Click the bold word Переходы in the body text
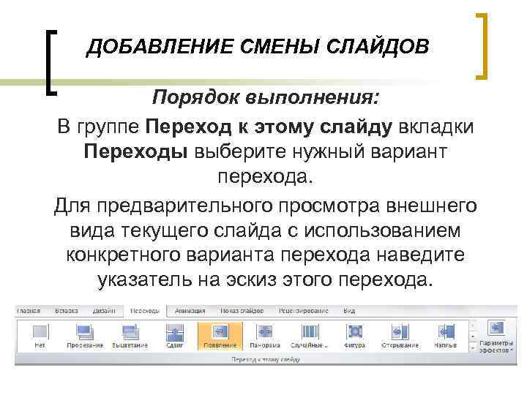point(136,151)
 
